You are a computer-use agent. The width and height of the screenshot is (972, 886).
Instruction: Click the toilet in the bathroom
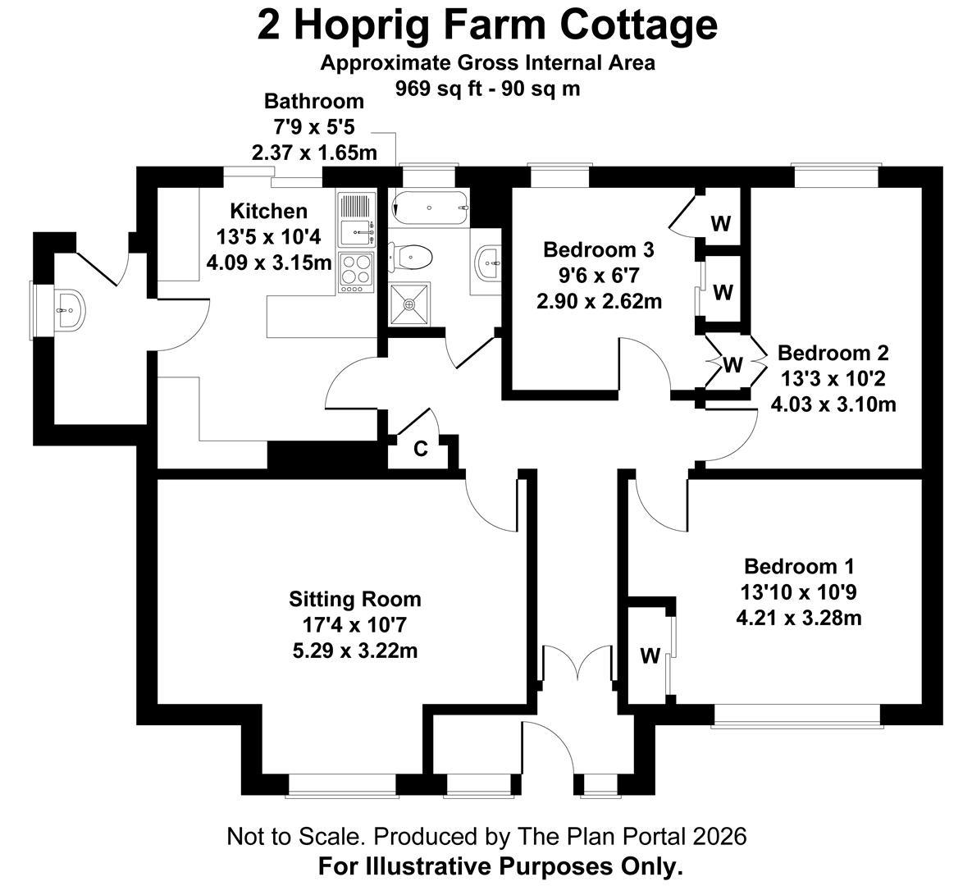[x=410, y=256]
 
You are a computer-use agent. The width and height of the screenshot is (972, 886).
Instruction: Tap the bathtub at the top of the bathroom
[x=429, y=208]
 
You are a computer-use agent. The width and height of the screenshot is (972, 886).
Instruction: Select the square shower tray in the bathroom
[x=409, y=304]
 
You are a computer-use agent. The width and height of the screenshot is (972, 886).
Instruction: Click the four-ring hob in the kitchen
[x=357, y=272]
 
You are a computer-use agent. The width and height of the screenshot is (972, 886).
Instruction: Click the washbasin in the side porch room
[x=69, y=309]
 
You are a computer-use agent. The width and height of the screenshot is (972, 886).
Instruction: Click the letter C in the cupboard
[x=420, y=449]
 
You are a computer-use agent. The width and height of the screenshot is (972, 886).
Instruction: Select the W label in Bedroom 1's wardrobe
[x=650, y=655]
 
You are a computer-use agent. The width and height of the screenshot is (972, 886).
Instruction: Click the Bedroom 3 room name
[x=598, y=250]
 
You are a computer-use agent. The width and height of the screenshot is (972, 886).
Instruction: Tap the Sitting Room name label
[x=354, y=599]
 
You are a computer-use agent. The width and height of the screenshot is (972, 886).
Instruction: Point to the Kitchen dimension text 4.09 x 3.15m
[x=268, y=263]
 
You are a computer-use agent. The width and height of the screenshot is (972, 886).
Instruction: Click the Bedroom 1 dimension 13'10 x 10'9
[x=798, y=593]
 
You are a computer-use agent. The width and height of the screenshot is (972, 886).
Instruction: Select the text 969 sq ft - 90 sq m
[x=488, y=89]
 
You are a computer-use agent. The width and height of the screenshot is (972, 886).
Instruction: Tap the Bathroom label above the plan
[x=313, y=100]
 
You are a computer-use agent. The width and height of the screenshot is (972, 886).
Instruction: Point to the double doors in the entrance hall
[x=577, y=664]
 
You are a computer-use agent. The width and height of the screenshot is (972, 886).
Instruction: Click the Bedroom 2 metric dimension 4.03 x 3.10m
[x=833, y=404]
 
